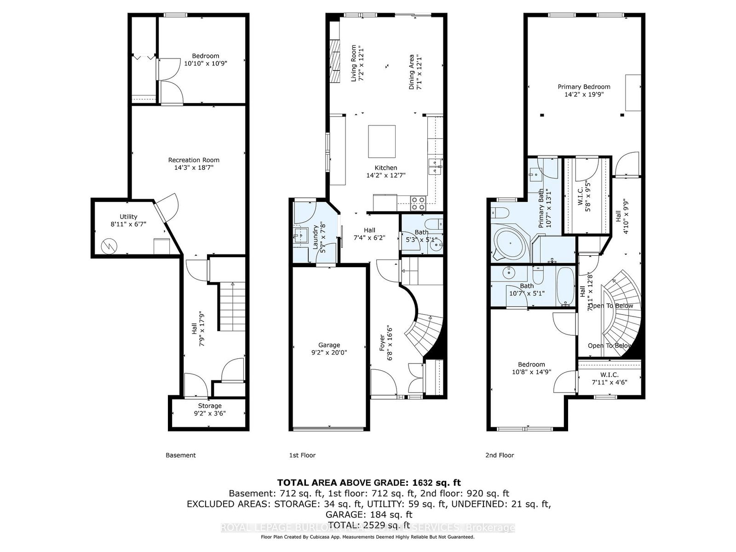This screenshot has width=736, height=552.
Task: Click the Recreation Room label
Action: [x=194, y=160]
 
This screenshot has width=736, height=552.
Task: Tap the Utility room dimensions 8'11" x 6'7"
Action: [x=128, y=224]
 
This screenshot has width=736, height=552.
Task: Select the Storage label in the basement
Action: [x=210, y=406]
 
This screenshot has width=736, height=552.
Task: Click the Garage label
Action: [x=329, y=345]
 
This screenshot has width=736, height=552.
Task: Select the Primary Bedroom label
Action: [x=584, y=86]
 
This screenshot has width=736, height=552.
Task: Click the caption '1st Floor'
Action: [x=302, y=455]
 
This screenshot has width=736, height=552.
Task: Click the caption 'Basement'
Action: [x=181, y=455]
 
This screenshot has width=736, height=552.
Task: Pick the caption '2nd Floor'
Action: [x=500, y=455]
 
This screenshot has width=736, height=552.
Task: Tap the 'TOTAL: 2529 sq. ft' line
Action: [x=368, y=525]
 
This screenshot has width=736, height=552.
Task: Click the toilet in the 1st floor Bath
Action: [x=433, y=224]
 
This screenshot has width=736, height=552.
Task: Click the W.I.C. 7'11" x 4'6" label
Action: [x=609, y=375]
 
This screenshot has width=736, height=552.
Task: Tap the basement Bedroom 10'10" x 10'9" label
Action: [x=206, y=56]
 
